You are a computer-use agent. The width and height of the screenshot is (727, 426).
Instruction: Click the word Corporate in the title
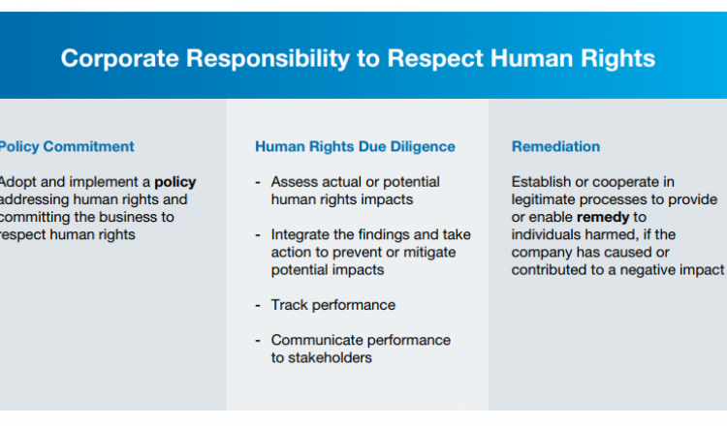pyautogui.click(x=119, y=59)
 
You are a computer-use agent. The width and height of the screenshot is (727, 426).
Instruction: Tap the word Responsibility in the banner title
pyautogui.click(x=268, y=59)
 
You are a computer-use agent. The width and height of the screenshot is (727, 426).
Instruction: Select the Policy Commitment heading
pyautogui.click(x=67, y=147)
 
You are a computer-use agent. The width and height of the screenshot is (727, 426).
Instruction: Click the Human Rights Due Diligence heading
pyautogui.click(x=355, y=147)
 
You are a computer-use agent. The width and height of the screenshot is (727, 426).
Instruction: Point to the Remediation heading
pyautogui.click(x=555, y=147)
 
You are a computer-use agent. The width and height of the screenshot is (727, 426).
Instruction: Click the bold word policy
pyautogui.click(x=175, y=182)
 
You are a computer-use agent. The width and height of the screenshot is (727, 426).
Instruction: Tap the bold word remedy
pyautogui.click(x=603, y=217)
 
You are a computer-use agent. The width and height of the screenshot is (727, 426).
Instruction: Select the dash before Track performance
pyautogui.click(x=258, y=306)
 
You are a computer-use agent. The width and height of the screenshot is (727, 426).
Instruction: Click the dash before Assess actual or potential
pyautogui.click(x=258, y=182)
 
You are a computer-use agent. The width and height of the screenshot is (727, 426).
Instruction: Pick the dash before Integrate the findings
pyautogui.click(x=258, y=235)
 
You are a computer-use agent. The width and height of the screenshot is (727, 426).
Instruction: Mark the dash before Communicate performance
pyautogui.click(x=258, y=341)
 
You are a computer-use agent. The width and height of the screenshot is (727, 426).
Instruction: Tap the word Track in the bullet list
pyautogui.click(x=289, y=305)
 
